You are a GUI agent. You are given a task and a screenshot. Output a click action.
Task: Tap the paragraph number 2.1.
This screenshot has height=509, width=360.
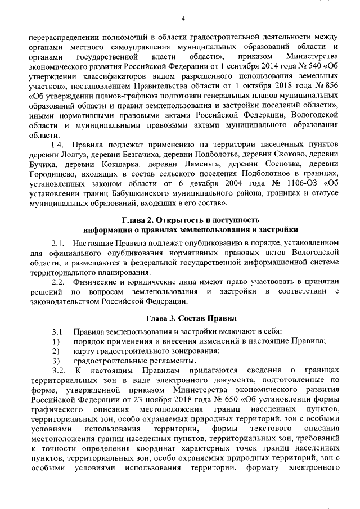[59, 243]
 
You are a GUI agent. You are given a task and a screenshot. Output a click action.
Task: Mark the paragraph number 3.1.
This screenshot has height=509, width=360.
[59, 332]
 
